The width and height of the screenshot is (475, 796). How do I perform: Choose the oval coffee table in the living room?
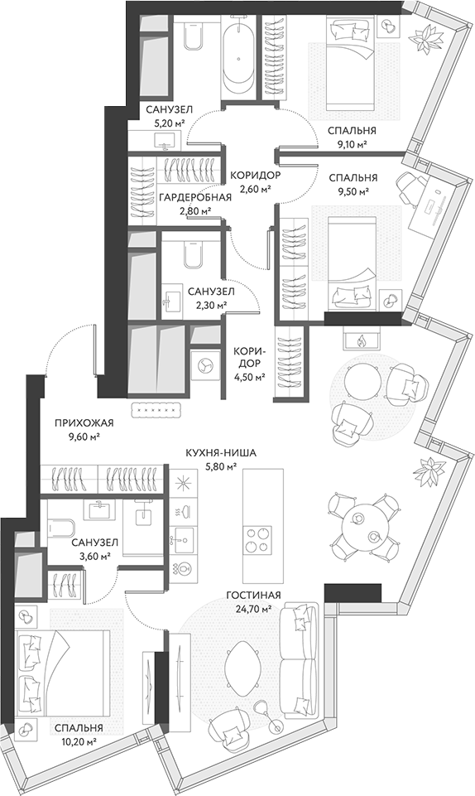(242, 666)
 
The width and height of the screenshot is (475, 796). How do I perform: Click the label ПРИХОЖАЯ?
(84, 424)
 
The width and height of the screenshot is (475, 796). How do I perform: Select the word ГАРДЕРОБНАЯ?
(194, 197)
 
